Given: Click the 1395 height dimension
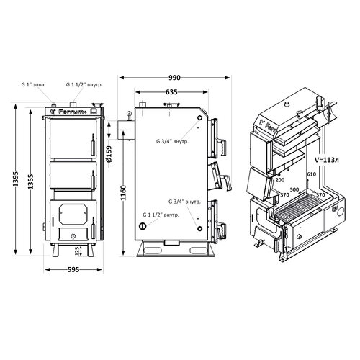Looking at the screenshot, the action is [16, 179].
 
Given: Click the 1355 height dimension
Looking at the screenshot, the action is [30, 181].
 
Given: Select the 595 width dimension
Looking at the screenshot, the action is [73, 270].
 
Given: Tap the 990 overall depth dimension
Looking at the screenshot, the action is [174, 78].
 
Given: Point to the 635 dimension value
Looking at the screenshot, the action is [171, 92].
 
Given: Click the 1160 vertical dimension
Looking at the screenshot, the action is [123, 193].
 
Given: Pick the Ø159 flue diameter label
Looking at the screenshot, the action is [109, 153].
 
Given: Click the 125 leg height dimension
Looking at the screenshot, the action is [77, 251].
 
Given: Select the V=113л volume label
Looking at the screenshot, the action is [328, 160].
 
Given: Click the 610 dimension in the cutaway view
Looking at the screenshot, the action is [312, 174].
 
